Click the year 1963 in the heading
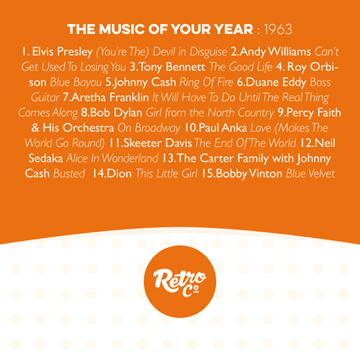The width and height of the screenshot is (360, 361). click(x=278, y=29)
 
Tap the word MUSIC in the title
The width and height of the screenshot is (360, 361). click(x=122, y=29)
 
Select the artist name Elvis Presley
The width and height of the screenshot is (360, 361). click(x=62, y=52)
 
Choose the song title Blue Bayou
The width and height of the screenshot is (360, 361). click(x=76, y=83)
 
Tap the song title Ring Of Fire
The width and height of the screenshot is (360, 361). click(x=206, y=83)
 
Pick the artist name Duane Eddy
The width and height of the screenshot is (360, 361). click(x=277, y=83)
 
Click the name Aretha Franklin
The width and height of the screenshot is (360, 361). click(x=110, y=97)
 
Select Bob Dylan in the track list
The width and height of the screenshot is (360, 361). click(x=116, y=113)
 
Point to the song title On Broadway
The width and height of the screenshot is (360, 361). click(x=149, y=128)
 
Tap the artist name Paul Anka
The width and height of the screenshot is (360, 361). click(x=223, y=128)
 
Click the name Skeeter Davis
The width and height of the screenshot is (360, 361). click(x=157, y=143)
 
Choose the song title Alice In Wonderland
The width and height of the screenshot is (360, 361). click(x=112, y=158)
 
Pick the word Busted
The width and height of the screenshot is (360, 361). click(x=69, y=174)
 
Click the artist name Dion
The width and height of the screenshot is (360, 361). click(x=119, y=174)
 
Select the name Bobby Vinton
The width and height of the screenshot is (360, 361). click(x=249, y=174)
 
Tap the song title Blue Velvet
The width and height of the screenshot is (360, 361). click(x=311, y=174)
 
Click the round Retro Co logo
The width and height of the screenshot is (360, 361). click(x=180, y=282)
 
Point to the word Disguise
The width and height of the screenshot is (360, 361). click(x=208, y=52)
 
